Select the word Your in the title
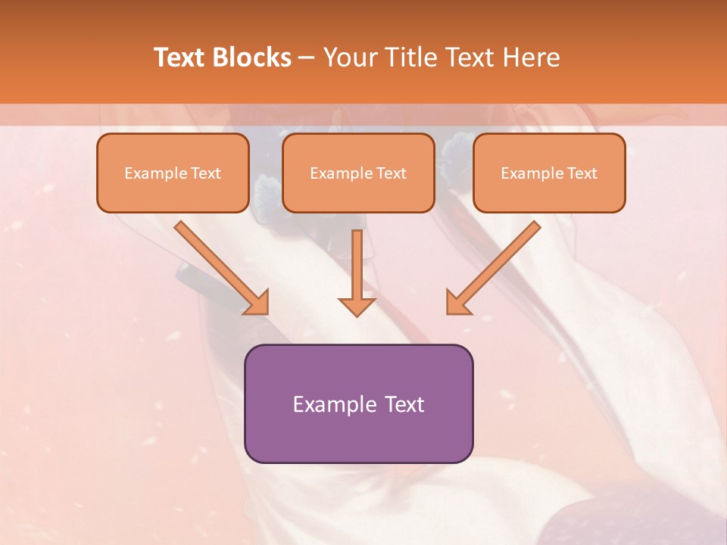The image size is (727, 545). point(351,58)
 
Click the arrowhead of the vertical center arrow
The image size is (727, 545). point(357,306)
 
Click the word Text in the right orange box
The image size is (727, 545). point(582,173)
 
